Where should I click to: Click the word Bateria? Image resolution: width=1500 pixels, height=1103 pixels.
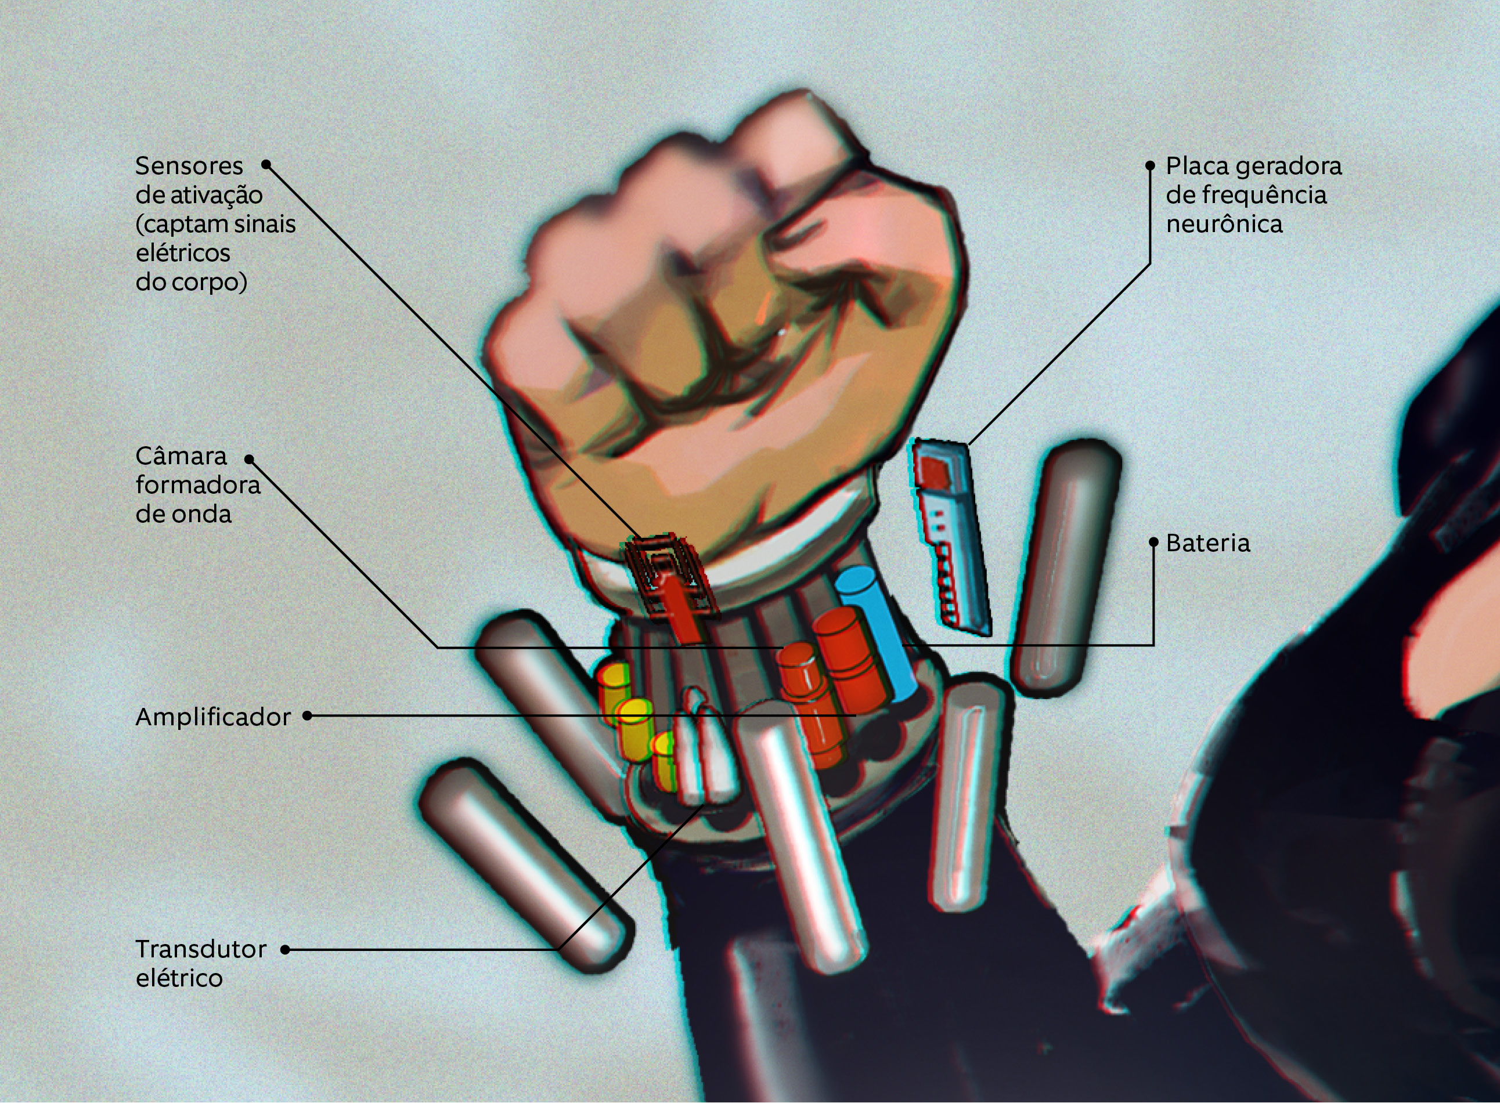pos(1207,544)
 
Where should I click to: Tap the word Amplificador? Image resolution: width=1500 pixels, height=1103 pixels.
pos(213,717)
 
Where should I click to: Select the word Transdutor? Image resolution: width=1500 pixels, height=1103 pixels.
pos(201,949)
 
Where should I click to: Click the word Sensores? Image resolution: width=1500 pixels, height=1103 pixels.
pos(189,165)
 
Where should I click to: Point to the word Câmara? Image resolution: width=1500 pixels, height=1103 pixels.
pos(182,456)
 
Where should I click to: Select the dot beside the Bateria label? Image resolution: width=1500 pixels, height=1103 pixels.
pos(1153,542)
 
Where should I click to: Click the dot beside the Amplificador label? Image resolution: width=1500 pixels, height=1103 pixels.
pos(307,716)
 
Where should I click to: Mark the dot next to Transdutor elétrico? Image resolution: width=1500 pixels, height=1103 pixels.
pos(285,949)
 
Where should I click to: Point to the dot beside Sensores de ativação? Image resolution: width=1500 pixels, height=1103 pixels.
pos(266,164)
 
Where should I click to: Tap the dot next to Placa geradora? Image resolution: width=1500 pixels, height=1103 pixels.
pos(1150,165)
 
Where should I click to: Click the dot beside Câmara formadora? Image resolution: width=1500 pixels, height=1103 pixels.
pos(249,459)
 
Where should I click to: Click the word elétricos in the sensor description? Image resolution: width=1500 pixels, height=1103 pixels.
pos(183,253)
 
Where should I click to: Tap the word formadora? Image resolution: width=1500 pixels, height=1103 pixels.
pos(199,486)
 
